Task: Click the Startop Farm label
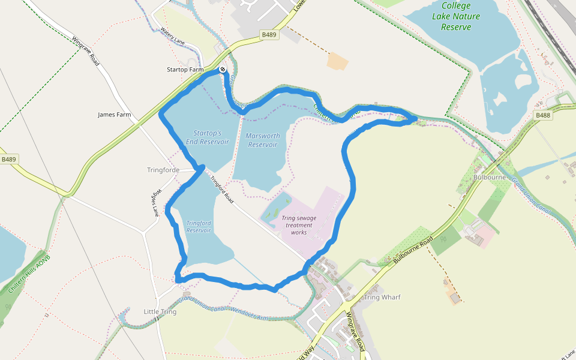pos(185,70)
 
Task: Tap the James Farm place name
pos(114,115)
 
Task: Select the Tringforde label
pos(163,170)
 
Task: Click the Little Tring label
pos(160,312)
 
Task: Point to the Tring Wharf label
pos(382,298)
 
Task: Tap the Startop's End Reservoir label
pos(208,137)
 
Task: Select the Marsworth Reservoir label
pos(263,140)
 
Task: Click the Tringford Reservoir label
pos(199,226)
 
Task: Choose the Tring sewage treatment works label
pos(298,225)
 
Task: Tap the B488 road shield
pos(543,115)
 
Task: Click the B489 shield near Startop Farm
pos(269,35)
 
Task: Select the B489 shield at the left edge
pos(8,160)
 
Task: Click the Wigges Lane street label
pos(154,204)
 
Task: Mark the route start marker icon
pos(223,70)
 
